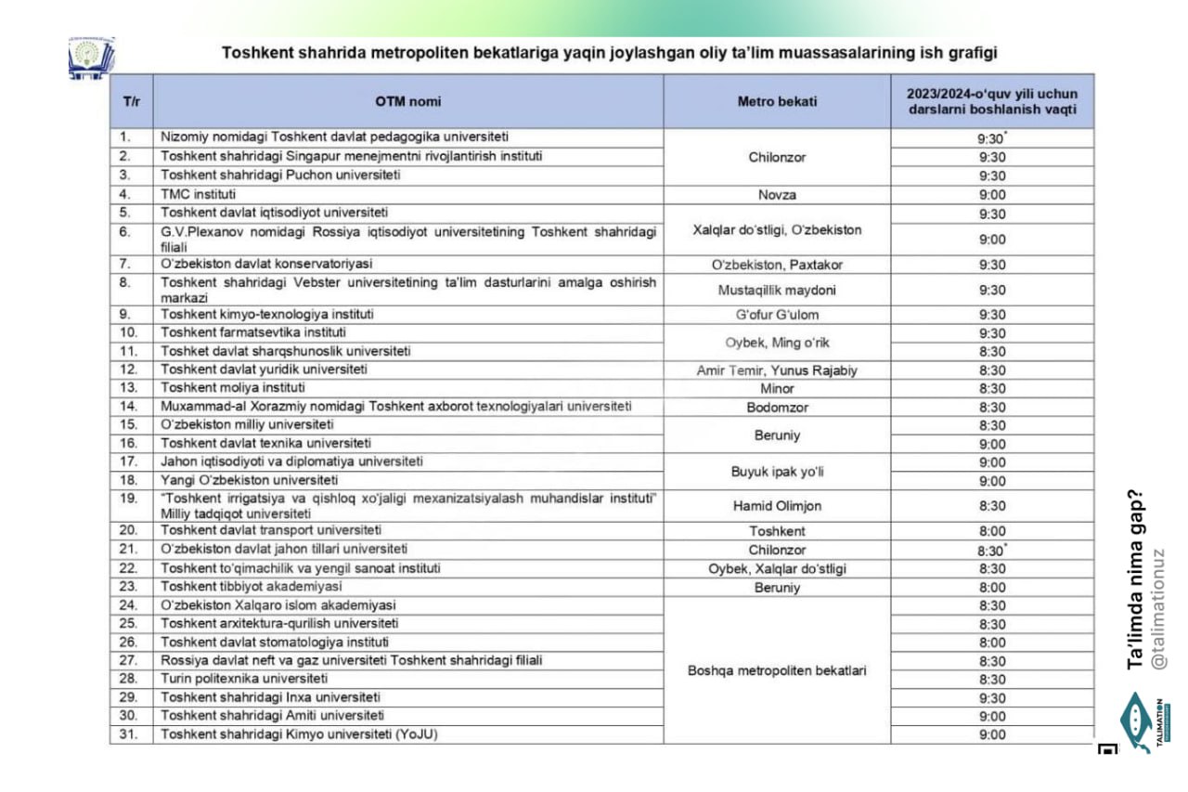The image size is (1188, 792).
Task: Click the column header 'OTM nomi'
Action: (407, 101)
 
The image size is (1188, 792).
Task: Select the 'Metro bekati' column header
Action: (777, 101)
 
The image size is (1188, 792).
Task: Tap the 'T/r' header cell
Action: (131, 101)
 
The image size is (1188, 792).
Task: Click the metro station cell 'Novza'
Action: (777, 195)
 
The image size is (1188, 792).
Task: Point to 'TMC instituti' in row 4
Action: (199, 195)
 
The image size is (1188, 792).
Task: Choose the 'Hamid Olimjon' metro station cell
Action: (777, 506)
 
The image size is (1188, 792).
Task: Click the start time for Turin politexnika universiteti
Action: (992, 680)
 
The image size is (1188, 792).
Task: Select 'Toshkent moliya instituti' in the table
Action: (233, 388)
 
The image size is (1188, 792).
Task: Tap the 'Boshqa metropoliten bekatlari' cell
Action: (777, 670)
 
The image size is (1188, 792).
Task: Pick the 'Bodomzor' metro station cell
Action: (777, 407)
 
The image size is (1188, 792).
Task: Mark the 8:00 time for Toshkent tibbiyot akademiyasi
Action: (992, 588)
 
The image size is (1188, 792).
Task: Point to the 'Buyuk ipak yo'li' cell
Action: (777, 472)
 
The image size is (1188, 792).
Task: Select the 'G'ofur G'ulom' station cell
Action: (777, 315)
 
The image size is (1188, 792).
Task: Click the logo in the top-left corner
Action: (91, 58)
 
